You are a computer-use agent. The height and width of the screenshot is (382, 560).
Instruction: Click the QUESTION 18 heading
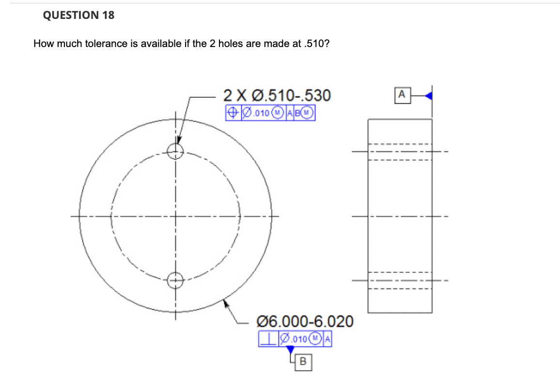(78, 15)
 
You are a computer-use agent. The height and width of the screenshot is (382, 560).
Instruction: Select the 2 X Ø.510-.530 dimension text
(277, 95)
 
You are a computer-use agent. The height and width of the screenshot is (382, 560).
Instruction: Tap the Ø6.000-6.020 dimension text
(304, 321)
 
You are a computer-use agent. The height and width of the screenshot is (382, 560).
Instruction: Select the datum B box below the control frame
(303, 361)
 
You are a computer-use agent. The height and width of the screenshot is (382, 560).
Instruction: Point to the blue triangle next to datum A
(428, 96)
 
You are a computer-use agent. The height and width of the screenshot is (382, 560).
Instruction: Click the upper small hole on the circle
(175, 151)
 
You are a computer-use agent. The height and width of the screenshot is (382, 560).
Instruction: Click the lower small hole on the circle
(175, 279)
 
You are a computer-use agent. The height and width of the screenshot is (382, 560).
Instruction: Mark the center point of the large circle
(175, 215)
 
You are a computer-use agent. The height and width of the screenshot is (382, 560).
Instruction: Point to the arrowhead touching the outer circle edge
(225, 303)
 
